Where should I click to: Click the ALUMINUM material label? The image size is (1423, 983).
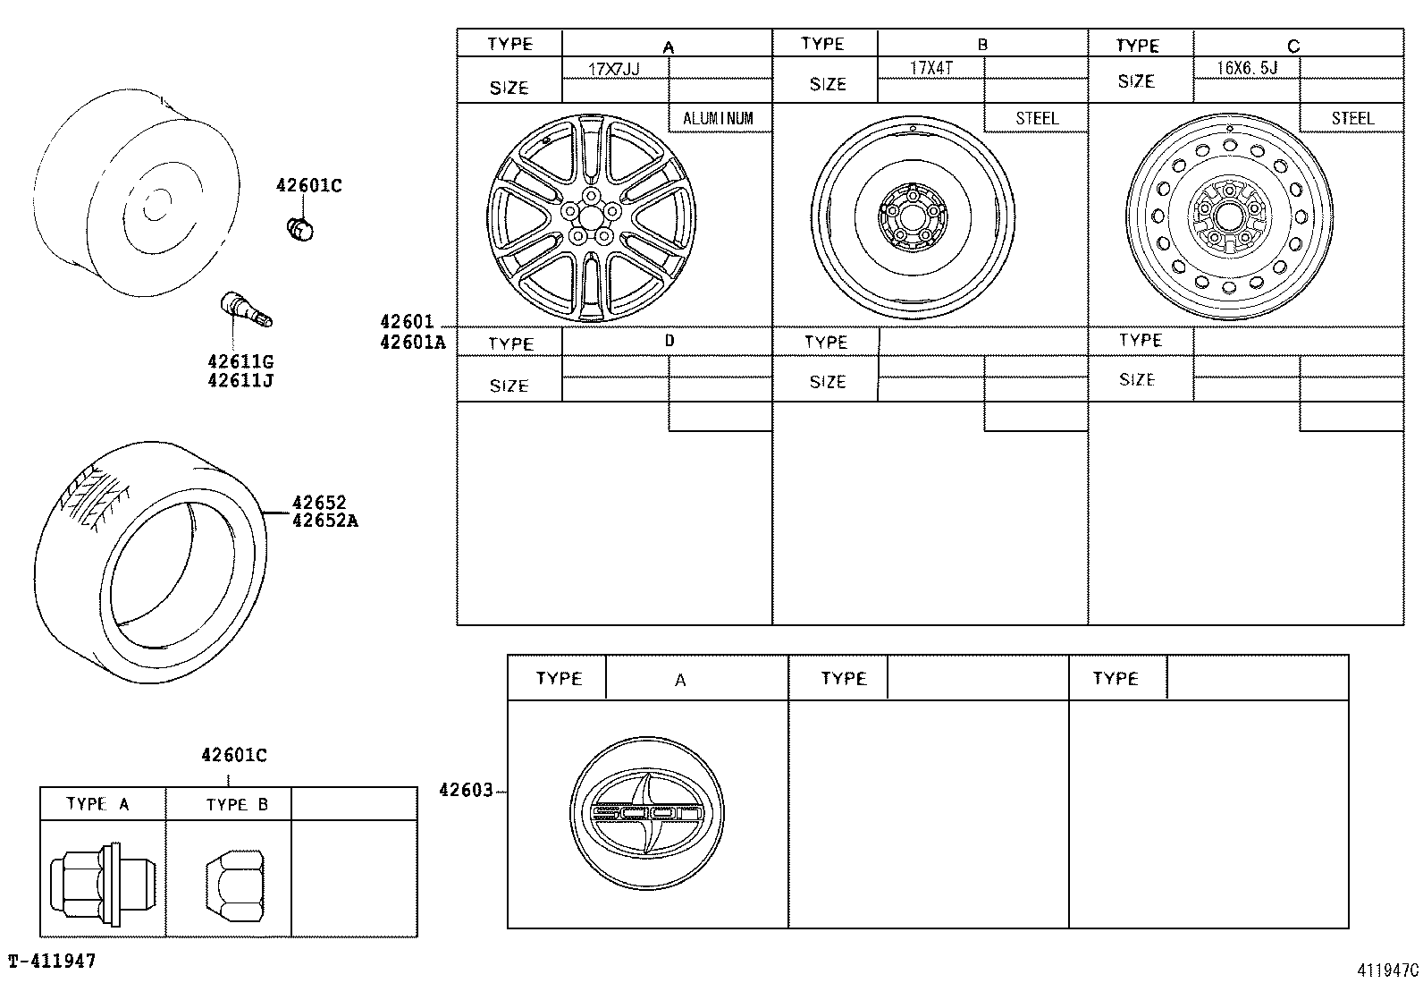(718, 118)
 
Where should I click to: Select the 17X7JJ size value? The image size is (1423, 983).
(614, 69)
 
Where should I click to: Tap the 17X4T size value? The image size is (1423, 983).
(931, 67)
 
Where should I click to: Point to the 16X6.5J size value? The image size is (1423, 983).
(1247, 67)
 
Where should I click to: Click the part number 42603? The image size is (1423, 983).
(466, 790)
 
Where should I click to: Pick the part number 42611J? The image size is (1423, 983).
(240, 380)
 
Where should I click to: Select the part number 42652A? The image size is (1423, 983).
(325, 521)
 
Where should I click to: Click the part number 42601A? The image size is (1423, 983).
(413, 343)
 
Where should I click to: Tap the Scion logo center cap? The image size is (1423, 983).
(647, 813)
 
